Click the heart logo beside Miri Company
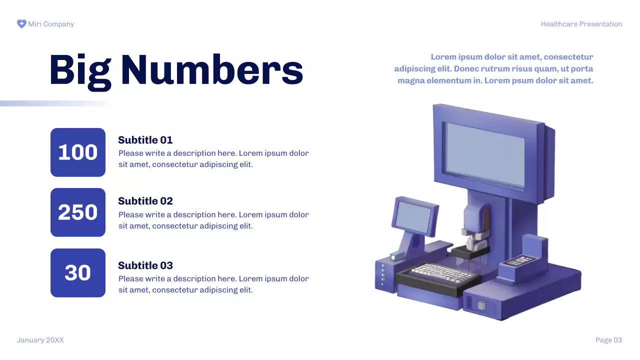(x=21, y=24)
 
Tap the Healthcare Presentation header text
(x=581, y=24)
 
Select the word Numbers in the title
(x=212, y=69)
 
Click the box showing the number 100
(x=78, y=152)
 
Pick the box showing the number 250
(x=78, y=212)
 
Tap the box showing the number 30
(x=78, y=273)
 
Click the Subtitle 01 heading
(x=145, y=140)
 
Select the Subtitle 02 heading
(x=145, y=201)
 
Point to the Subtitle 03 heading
(x=145, y=265)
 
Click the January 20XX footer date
(x=40, y=340)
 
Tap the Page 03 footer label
(x=608, y=340)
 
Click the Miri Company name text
(x=51, y=24)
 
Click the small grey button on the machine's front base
(x=481, y=305)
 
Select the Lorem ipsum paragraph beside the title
(x=494, y=68)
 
